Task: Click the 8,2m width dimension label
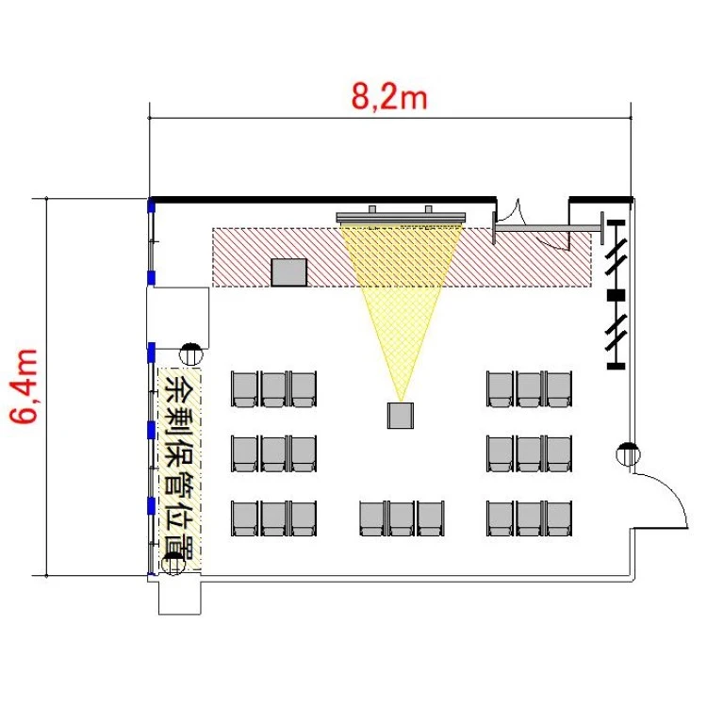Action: (388, 96)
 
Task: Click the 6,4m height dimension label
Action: (24, 386)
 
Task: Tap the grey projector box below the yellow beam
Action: (401, 416)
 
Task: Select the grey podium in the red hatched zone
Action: (289, 272)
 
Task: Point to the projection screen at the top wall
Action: (401, 217)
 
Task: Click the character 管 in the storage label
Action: (179, 486)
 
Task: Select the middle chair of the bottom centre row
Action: (402, 518)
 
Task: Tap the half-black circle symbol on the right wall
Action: (628, 454)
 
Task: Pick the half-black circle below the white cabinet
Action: (190, 354)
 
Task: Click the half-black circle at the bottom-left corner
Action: (173, 563)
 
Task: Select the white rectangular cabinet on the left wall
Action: (178, 318)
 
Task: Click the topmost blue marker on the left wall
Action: (152, 206)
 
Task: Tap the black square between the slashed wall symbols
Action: (616, 295)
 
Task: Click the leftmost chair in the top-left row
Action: (244, 389)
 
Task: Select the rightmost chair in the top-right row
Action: (559, 389)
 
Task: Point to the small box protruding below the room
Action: (179, 597)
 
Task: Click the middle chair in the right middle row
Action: (530, 453)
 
